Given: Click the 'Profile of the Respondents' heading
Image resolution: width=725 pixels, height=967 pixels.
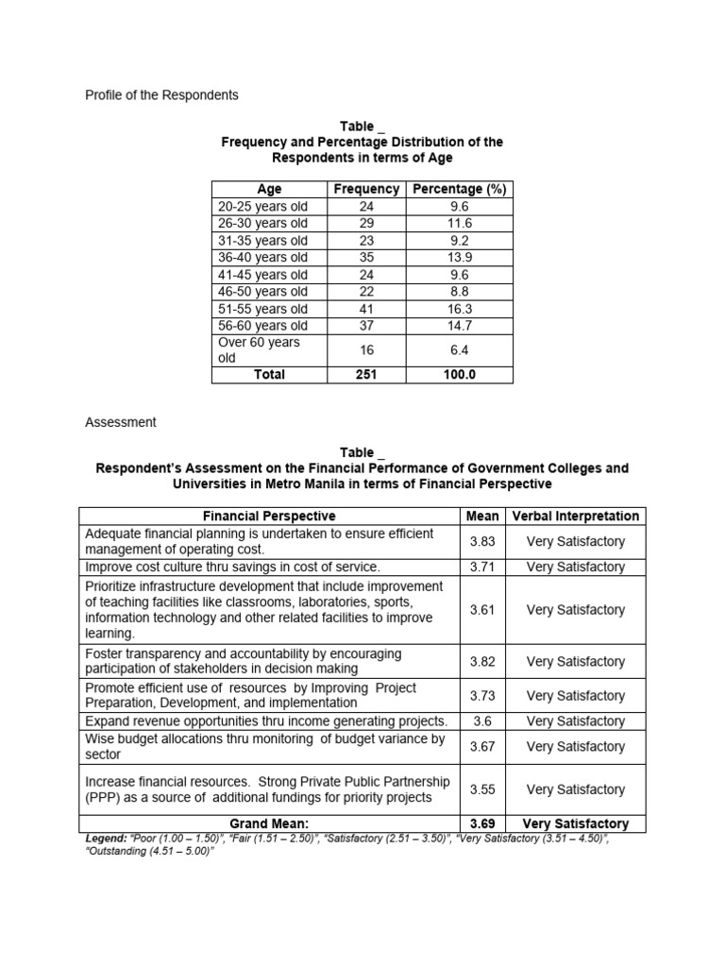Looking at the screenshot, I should (161, 95).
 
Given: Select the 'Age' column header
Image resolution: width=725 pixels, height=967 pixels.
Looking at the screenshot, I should (269, 189).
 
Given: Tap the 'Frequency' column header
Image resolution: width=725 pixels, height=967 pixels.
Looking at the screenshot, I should (366, 189).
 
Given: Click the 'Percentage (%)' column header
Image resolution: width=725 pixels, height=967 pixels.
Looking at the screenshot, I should (460, 189).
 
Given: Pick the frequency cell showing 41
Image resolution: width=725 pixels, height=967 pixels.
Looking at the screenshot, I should (366, 309).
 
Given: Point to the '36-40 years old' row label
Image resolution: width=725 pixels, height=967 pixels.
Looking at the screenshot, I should (262, 258).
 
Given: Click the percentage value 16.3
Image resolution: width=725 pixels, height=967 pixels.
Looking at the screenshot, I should (460, 309).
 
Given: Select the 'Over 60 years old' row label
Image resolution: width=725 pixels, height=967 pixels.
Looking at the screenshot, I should (259, 350).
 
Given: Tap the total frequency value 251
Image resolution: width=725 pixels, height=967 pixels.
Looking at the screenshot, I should (366, 375).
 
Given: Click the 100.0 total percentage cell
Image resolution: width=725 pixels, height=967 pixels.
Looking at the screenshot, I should (460, 375).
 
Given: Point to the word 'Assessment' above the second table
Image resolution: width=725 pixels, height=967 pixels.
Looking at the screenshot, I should (120, 422).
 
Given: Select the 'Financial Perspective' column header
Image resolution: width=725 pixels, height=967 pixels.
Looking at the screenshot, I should (269, 516).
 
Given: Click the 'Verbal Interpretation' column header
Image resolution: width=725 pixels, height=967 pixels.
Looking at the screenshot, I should (575, 516).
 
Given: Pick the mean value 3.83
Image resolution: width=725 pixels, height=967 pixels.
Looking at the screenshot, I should (482, 541).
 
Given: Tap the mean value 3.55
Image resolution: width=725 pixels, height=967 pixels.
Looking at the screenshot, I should (482, 789).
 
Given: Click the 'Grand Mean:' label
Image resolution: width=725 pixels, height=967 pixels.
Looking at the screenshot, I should (269, 823).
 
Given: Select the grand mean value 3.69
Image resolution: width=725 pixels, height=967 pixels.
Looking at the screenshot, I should (482, 823).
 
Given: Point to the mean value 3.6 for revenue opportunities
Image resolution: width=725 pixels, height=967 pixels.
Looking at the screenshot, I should (481, 721).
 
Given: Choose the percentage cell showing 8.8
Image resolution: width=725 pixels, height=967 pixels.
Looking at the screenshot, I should (460, 292).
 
